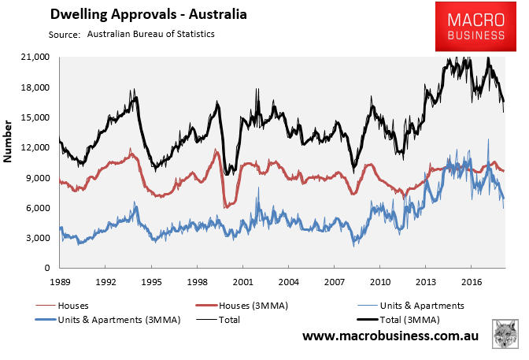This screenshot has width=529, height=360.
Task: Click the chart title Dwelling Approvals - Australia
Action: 137,14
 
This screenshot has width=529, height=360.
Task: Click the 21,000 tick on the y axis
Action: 35,58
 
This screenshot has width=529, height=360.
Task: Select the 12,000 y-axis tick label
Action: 35,147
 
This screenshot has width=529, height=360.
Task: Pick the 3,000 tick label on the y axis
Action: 38,238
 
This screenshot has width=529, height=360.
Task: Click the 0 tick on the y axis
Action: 46,268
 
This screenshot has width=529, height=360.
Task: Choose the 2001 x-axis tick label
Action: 242,281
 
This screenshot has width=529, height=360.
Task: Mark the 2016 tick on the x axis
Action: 471,281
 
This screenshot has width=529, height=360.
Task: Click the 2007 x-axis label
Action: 334,281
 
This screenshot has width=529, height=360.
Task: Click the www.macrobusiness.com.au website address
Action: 392,336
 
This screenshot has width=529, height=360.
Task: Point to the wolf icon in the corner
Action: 505,334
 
